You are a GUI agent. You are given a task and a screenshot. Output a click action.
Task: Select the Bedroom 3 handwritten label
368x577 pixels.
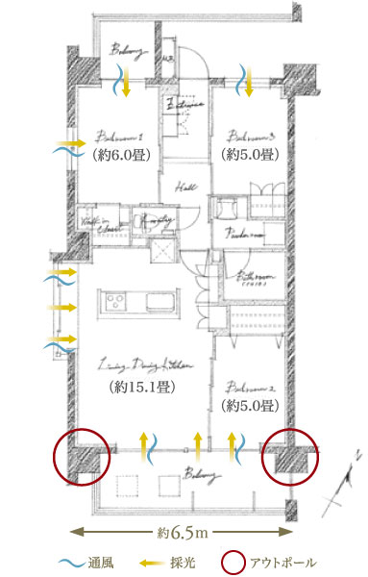(249, 136)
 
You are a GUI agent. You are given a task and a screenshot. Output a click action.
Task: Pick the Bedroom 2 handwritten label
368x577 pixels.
(249, 389)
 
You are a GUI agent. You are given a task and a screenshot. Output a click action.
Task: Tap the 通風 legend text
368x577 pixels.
(100, 562)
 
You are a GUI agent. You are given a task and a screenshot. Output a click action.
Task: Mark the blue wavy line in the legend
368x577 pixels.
(68, 562)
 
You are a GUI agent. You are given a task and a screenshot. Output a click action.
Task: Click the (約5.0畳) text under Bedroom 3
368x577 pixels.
(249, 153)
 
